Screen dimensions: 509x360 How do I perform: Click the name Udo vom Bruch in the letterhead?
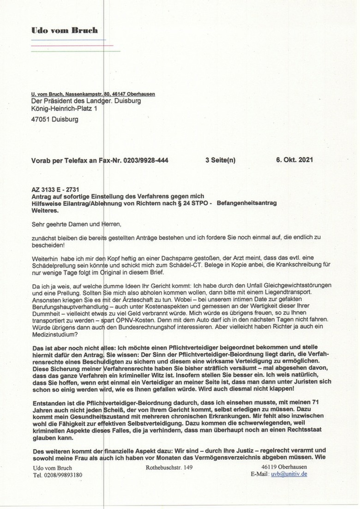tap(64, 30)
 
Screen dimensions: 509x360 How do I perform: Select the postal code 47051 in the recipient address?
tap(41, 119)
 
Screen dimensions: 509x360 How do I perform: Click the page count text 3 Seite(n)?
tap(220, 160)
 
